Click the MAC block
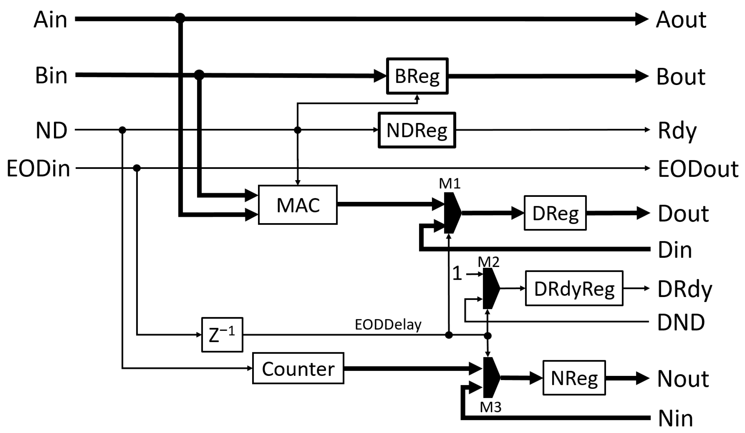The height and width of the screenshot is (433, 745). point(297,205)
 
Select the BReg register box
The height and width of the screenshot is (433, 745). point(417,76)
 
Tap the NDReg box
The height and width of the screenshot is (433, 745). point(417,130)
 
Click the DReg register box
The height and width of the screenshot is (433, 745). point(555,213)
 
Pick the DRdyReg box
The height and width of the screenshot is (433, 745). point(574,288)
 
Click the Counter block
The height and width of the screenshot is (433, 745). point(298,368)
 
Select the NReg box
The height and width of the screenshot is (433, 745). point(574,378)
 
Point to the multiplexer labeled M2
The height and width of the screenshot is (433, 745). point(490,288)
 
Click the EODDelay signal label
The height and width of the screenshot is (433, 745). point(388,325)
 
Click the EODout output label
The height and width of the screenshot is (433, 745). point(698,169)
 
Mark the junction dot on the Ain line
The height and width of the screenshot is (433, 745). point(180,18)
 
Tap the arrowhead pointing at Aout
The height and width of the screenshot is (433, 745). point(642,19)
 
